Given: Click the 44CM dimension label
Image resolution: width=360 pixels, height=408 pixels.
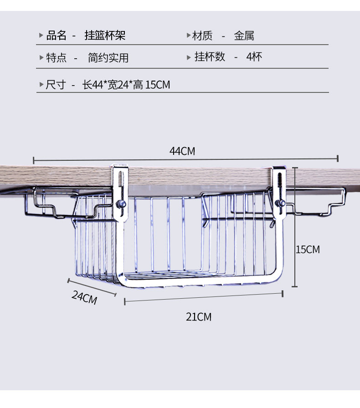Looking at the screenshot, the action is (x=182, y=151).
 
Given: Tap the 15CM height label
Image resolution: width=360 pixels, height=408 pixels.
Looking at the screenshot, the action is (x=308, y=250).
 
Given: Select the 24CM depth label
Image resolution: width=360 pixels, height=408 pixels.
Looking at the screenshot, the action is (x=84, y=297).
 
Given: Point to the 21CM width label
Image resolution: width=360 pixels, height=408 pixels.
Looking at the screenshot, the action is (x=199, y=317).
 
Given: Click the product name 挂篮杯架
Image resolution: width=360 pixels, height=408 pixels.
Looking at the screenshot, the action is (x=105, y=36).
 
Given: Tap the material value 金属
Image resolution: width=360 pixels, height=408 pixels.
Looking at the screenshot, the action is (x=244, y=36).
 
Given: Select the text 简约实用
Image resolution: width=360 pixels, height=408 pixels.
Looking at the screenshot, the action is (x=108, y=58).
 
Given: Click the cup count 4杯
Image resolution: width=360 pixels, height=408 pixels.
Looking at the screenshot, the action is (x=254, y=57).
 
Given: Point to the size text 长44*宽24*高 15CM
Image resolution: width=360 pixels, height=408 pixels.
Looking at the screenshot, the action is (x=126, y=85).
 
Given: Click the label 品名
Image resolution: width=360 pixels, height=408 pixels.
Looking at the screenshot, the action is (x=56, y=36).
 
